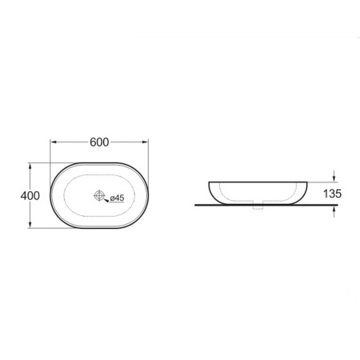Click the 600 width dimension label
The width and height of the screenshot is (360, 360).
pos(99,142)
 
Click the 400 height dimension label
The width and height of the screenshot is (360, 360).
pos(30,196)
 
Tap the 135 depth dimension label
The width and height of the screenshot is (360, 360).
pos(332,194)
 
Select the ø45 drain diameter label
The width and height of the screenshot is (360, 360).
pos(117,198)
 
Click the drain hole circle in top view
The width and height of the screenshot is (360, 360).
pos(99,195)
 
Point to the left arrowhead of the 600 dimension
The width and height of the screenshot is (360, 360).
pos(54,142)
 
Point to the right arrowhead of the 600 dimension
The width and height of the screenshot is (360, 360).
pos(145,142)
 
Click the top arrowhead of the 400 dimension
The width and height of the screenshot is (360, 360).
pos(30,166)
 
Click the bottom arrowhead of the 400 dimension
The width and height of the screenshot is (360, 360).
pos(30,225)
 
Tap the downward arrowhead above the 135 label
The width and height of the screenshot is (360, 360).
pos(334,179)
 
